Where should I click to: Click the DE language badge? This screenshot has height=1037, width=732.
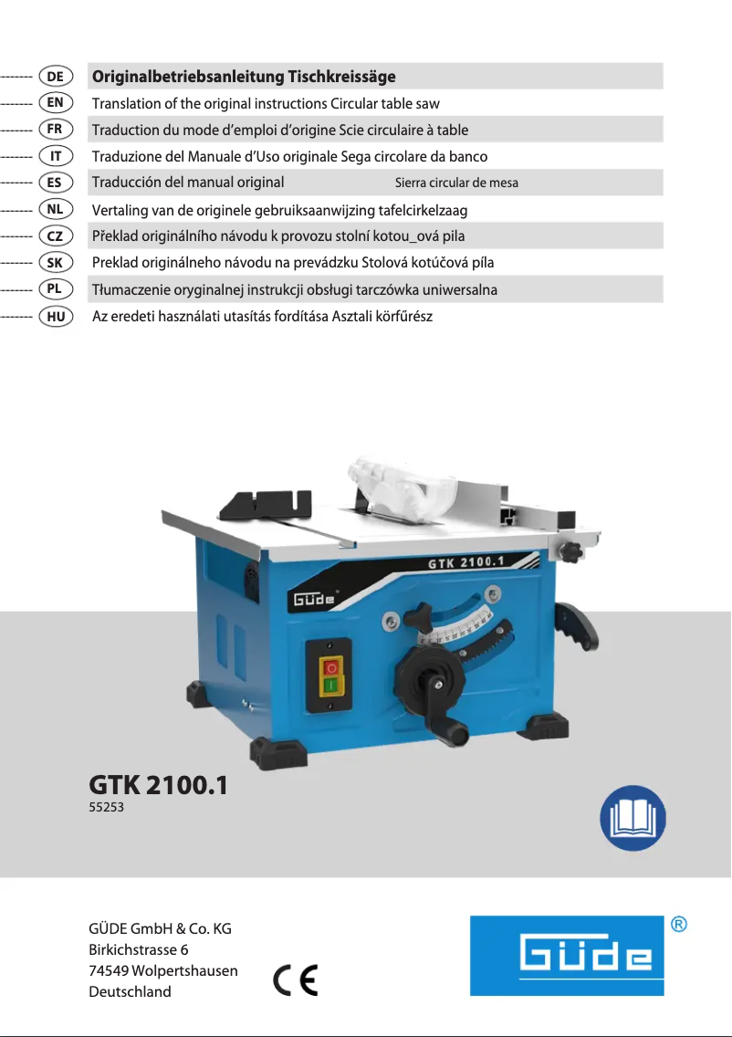(56, 76)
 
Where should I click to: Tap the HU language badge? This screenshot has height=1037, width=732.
(56, 316)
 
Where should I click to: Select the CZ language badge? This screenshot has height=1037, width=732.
(56, 236)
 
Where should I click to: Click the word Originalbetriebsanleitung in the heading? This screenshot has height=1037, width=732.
(188, 77)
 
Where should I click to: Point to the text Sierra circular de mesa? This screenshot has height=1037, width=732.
(456, 183)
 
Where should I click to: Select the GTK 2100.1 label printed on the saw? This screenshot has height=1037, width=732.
(465, 562)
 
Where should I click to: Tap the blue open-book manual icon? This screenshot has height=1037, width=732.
(633, 818)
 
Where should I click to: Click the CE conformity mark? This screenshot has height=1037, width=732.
(296, 979)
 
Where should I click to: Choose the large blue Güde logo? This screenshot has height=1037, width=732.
(567, 956)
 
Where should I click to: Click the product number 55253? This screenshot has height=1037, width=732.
(107, 808)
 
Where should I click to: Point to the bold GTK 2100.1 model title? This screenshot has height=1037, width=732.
(159, 785)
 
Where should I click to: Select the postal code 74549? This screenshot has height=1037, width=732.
(108, 971)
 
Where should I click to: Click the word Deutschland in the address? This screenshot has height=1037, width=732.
(131, 992)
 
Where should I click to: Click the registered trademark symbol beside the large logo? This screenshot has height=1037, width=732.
(678, 924)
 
